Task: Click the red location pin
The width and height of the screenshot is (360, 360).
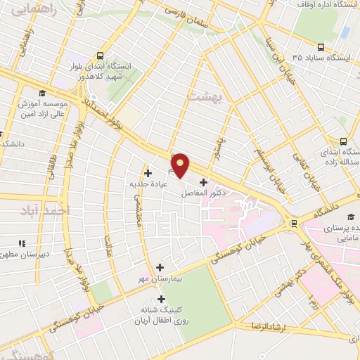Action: [x=181, y=165]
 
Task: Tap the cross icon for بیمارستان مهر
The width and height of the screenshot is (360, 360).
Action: [x=160, y=267]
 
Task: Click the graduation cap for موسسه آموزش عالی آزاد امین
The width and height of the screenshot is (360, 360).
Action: [x=41, y=94]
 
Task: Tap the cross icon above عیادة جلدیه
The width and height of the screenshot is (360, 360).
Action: [x=148, y=173]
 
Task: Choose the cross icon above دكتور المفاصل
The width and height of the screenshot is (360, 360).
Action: [x=203, y=181]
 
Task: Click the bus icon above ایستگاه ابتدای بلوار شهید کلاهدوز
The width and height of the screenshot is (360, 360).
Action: [x=100, y=55]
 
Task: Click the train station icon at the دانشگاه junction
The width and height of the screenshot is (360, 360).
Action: [x=293, y=225]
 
